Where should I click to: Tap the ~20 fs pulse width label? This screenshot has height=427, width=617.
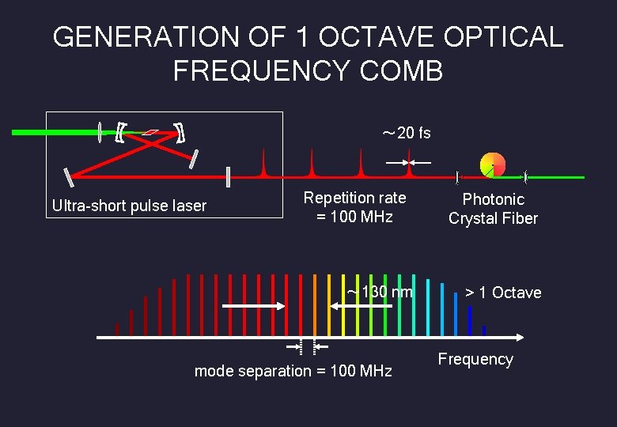(407, 133)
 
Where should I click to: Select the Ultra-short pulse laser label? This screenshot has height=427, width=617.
(129, 206)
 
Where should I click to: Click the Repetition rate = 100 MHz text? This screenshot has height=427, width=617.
(354, 207)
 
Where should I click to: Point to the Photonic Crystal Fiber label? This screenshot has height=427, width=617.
(493, 209)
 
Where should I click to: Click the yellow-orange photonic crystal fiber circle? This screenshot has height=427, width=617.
(492, 164)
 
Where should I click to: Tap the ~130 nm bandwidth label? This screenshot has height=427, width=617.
(380, 293)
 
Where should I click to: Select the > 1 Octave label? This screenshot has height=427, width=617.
(503, 293)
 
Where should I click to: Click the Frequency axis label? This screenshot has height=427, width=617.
(475, 359)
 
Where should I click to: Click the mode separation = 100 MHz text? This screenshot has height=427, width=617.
(293, 371)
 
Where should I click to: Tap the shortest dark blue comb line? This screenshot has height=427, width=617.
(484, 330)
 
